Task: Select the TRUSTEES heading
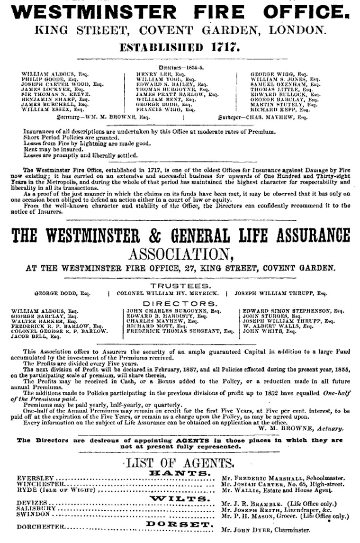click(181, 286)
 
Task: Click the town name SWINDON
click(33, 514)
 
